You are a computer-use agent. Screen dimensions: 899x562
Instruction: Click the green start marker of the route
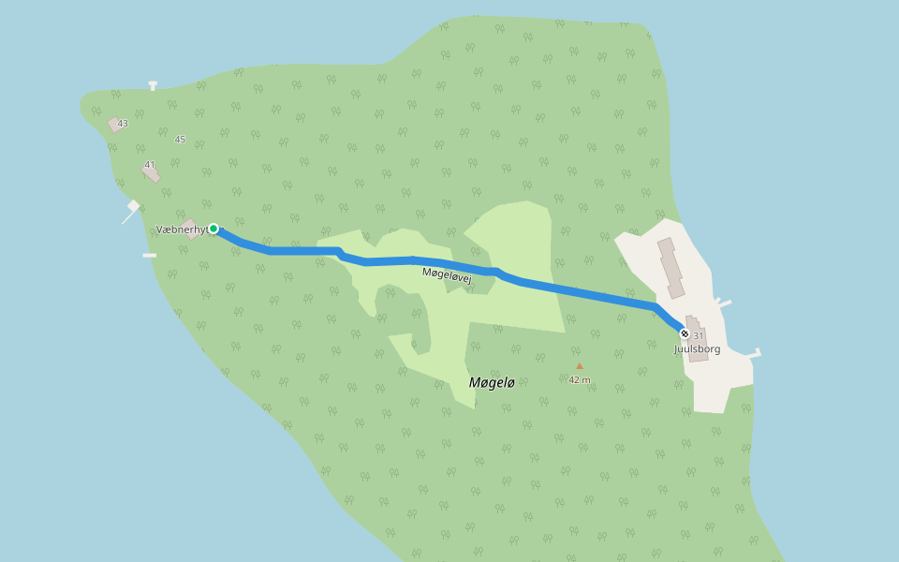coord(214,229)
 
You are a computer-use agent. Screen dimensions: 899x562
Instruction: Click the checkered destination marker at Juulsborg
coord(685,333)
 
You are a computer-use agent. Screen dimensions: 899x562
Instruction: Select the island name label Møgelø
coord(492,382)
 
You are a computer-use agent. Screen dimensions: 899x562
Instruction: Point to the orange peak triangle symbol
coord(580,366)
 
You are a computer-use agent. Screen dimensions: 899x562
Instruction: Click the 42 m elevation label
coord(580,379)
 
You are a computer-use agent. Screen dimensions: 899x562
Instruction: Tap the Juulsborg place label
coord(698,349)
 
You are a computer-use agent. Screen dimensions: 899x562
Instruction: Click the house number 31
coord(699,336)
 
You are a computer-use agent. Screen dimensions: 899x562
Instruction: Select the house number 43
coord(123,124)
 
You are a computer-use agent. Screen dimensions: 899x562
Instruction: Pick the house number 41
coord(150,165)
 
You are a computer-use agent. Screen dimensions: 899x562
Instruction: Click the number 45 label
coord(180,140)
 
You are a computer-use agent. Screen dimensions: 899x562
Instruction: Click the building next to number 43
coord(114,125)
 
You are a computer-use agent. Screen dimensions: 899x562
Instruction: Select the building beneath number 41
coord(152,174)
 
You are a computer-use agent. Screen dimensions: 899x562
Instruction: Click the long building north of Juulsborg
coord(671,268)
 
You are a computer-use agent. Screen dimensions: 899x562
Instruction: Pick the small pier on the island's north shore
coord(153,86)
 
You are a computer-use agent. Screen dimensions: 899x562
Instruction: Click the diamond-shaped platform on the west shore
coord(134,206)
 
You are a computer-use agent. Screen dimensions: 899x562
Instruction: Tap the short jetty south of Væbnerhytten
coord(150,255)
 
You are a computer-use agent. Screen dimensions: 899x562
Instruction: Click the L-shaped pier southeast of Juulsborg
coord(754,354)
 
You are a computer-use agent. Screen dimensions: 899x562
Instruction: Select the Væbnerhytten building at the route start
coord(192,229)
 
